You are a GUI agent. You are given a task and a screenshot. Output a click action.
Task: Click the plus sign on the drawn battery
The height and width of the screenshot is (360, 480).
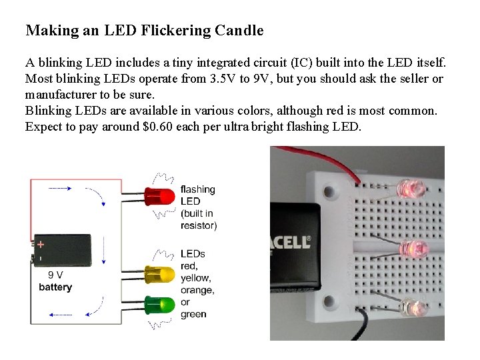[x=41, y=244]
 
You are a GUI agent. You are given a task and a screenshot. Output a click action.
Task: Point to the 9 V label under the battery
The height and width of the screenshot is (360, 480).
[x=55, y=275]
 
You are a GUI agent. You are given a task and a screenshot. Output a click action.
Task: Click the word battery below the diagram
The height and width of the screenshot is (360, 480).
[x=55, y=287]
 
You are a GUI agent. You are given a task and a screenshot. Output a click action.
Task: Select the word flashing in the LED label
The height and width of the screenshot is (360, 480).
[x=198, y=189]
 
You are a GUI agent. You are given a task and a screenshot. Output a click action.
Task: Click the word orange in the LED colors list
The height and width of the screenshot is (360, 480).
[x=197, y=290]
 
